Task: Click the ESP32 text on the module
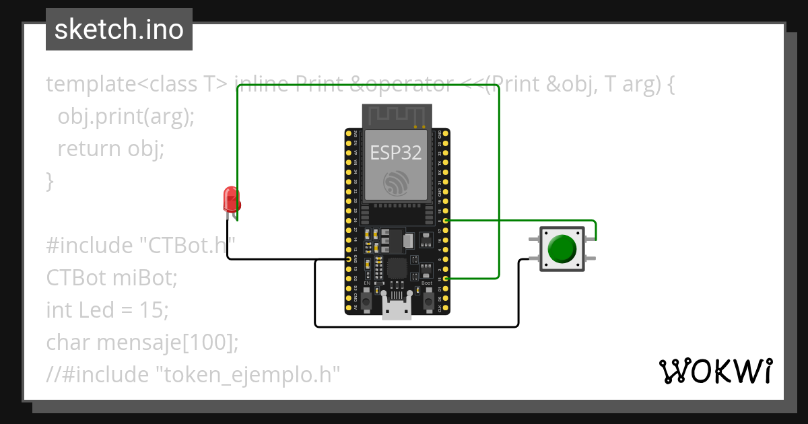[396, 153]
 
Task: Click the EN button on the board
[367, 301]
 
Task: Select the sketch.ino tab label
[119, 30]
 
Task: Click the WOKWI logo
[715, 371]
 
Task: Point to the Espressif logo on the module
[396, 183]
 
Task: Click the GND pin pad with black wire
[348, 258]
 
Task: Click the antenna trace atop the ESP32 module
[396, 115]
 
